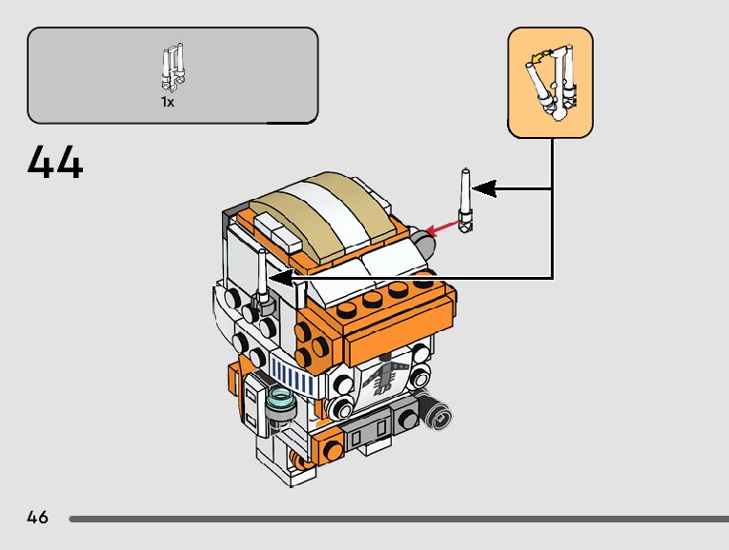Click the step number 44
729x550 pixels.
(55, 162)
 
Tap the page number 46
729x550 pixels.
(37, 517)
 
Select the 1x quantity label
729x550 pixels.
(168, 102)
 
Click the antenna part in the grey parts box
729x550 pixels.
(172, 68)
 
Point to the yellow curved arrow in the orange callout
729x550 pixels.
(540, 57)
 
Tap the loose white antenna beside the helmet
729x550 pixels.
(465, 201)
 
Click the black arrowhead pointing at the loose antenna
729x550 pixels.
(483, 188)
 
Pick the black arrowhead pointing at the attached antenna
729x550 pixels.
(280, 279)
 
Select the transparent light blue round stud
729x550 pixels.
(281, 399)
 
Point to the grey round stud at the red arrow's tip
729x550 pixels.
(424, 242)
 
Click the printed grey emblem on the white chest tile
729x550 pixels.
(383, 375)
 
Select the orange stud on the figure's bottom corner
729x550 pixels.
(332, 449)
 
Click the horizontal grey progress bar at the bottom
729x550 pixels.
(399, 519)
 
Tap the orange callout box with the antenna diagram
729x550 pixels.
(550, 83)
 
